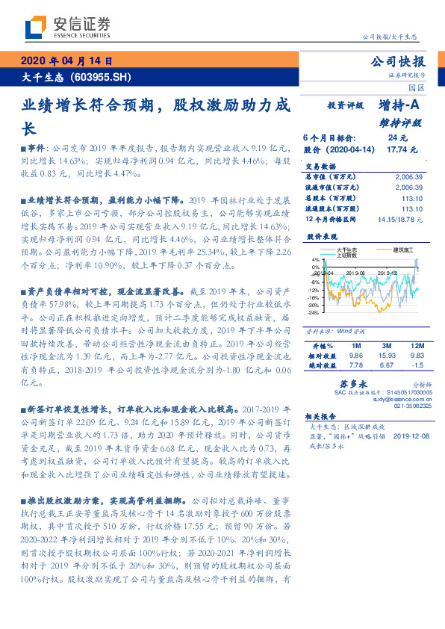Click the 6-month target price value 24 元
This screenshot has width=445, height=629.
[397, 138]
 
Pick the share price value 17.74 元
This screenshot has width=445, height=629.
[397, 149]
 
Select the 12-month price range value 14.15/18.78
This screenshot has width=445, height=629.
[400, 220]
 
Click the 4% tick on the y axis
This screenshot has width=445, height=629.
[314, 260]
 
